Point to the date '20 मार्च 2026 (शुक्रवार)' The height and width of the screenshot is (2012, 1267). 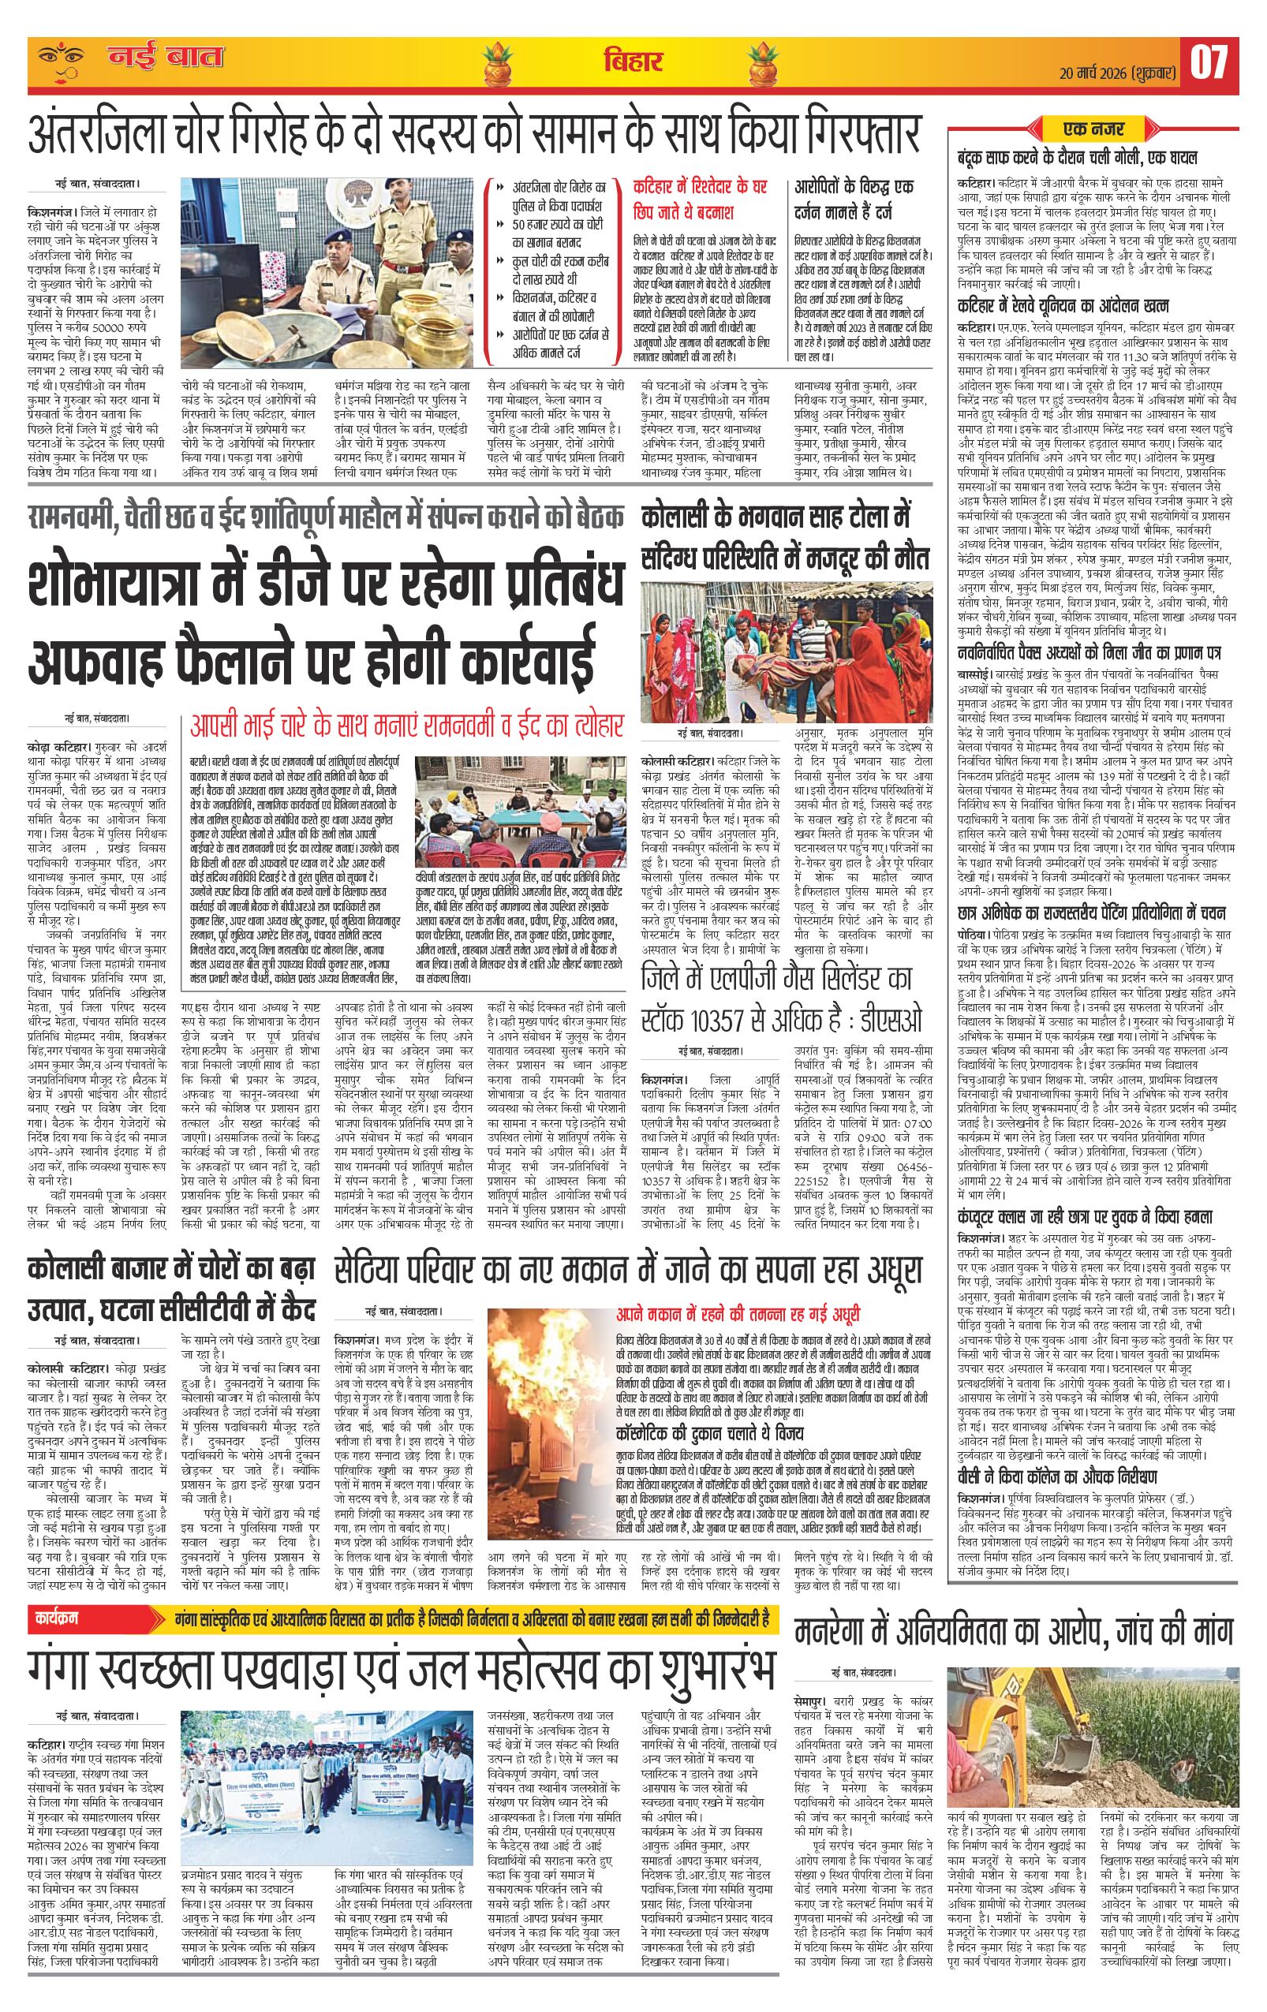(x=1119, y=70)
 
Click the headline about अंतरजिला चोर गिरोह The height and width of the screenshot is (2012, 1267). (x=477, y=132)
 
